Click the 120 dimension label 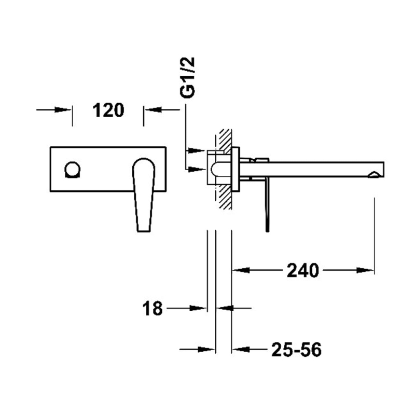108,110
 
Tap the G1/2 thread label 187,77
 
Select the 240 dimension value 303,270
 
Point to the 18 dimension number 153,308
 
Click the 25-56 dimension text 296,350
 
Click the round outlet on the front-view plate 72,170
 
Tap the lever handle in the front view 143,195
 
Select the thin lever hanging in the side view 268,205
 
